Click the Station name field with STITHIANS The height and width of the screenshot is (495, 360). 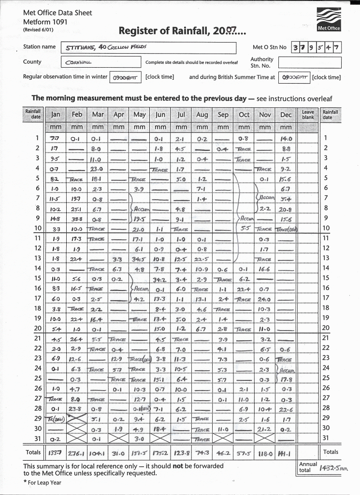tap(148, 48)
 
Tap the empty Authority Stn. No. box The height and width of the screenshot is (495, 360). tap(309, 62)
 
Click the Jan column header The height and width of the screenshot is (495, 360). tap(56, 115)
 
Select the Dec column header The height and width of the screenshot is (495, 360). tap(286, 115)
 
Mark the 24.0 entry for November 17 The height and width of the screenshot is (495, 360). tap(265, 298)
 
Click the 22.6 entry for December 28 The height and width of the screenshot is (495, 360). tap(286, 408)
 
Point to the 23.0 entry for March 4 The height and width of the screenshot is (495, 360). tap(98, 169)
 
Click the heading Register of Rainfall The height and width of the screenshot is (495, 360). tap(182, 32)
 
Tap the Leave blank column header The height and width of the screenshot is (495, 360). tap(308, 115)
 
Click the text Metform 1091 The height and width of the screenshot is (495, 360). tap(45, 21)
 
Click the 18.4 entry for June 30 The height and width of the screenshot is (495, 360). tap(160, 429)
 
